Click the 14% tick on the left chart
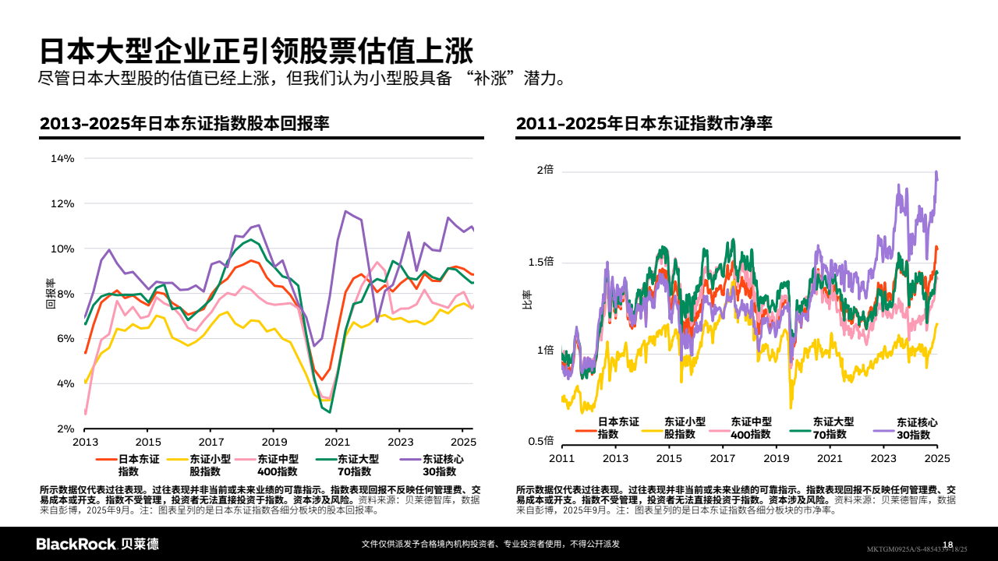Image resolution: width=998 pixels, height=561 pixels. [x=62, y=158]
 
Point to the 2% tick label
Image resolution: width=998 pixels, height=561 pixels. [x=65, y=429]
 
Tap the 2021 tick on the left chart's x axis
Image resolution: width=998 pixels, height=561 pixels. [x=336, y=441]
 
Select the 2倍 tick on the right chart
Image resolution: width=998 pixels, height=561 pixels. [x=545, y=170]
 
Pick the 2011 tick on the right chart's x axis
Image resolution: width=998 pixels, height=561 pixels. [x=562, y=458]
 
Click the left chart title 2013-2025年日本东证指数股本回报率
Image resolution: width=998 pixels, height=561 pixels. [x=185, y=124]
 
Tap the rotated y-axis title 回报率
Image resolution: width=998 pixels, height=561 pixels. [x=50, y=294]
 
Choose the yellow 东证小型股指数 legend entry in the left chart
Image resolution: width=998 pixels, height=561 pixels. [x=204, y=465]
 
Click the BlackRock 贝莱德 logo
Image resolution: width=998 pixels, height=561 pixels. [x=97, y=544]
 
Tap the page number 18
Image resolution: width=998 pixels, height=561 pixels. [x=948, y=544]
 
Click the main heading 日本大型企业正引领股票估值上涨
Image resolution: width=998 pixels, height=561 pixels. [x=257, y=51]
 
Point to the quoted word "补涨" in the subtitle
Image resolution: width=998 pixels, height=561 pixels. [x=489, y=79]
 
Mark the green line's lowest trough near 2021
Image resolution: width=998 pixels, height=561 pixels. [x=330, y=411]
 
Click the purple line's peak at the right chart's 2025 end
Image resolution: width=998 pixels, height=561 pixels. [x=936, y=173]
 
